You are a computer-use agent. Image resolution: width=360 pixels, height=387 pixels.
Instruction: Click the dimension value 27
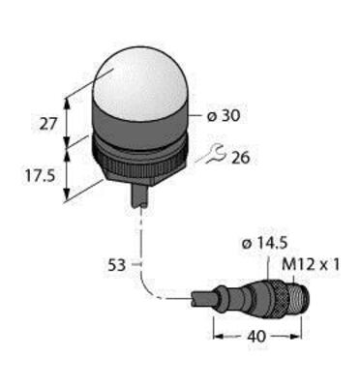pyautogui.click(x=48, y=124)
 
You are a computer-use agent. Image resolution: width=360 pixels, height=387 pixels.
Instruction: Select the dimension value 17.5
pyautogui.click(x=41, y=176)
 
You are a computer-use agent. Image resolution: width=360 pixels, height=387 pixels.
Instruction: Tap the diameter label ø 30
pyautogui.click(x=224, y=116)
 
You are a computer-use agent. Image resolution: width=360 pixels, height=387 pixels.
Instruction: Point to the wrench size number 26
pyautogui.click(x=241, y=158)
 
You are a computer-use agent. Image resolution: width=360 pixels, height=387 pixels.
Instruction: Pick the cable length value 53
pyautogui.click(x=116, y=265)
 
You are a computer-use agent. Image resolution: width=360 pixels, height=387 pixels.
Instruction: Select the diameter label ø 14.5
pyautogui.click(x=264, y=245)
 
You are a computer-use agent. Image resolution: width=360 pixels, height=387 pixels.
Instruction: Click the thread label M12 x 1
pyautogui.click(x=311, y=265)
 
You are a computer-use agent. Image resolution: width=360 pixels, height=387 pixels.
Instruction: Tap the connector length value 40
pyautogui.click(x=256, y=337)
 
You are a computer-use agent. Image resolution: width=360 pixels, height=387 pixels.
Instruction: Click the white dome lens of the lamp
pyautogui.click(x=138, y=82)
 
